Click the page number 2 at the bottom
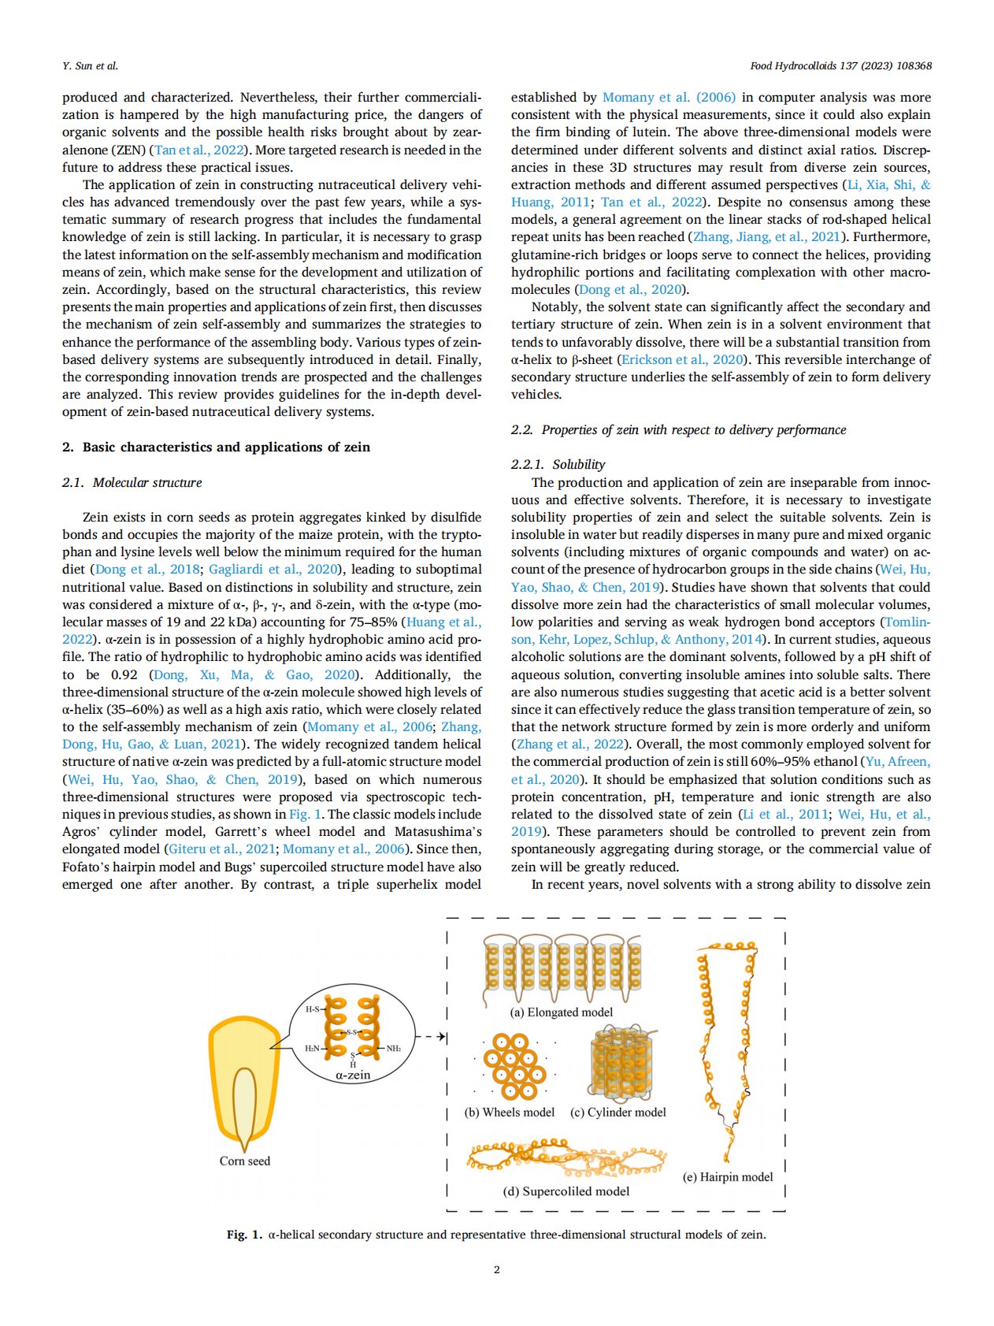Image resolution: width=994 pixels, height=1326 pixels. tap(496, 1269)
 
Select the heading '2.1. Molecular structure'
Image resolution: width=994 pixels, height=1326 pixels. tap(132, 482)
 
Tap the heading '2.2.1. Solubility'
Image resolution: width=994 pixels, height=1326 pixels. tap(558, 464)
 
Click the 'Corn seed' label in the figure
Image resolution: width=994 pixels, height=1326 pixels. tap(245, 1161)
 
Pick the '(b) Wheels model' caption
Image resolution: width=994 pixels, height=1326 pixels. tap(510, 1112)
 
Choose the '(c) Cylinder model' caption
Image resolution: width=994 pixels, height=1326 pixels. tap(618, 1112)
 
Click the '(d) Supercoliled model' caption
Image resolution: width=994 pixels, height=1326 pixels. tap(566, 1190)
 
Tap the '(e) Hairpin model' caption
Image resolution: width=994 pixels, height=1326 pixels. tap(728, 1176)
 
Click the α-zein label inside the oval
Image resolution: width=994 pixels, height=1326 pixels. tap(353, 1075)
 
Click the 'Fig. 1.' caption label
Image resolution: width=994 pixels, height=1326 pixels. tap(244, 1234)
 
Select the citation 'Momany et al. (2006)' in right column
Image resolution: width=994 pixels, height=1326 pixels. tap(669, 97)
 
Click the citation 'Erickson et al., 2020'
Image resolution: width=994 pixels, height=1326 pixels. tap(683, 359)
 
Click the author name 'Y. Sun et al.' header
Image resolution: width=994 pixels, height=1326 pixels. tap(91, 65)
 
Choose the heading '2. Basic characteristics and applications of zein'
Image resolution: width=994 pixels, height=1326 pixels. tap(216, 447)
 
